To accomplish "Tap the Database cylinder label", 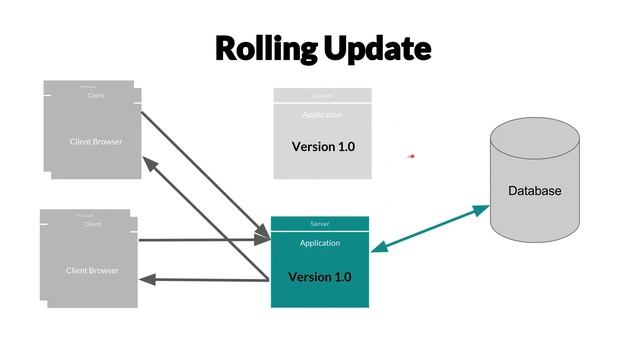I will click(535, 191).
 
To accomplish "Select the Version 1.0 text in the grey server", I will click(323, 147).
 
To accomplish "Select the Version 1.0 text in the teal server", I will click(320, 276).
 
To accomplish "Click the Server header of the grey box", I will click(322, 95).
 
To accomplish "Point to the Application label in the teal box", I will click(320, 243).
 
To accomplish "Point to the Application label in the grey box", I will click(322, 115).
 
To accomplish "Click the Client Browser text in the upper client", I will click(96, 142).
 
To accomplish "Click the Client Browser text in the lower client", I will click(92, 271).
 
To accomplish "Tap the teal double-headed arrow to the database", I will click(430, 229).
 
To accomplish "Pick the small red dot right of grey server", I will click(411, 156).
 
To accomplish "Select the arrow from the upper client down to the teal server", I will click(205, 175).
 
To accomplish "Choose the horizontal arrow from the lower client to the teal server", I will click(205, 240).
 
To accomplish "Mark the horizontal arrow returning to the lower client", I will click(205, 280).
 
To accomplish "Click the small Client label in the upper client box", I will click(96, 96).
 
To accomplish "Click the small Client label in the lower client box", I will click(92, 225).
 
